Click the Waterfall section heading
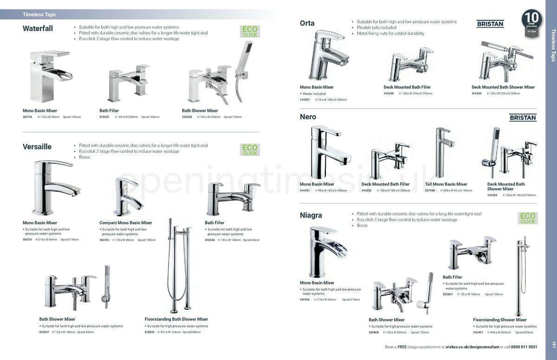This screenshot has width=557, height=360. pos(38,28)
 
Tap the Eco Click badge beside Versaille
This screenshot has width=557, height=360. pos(250,150)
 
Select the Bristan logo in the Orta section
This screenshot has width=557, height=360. pos(490,24)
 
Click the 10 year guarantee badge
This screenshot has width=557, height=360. pos(531,20)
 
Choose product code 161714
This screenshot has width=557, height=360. pos(27,117)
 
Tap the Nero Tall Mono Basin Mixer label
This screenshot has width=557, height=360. pos(446,184)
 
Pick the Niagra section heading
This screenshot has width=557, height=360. pos(311,216)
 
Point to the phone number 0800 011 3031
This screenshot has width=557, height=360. pos(524,347)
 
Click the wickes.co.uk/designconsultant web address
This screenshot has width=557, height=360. pos(473,347)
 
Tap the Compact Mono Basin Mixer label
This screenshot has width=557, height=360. pos(125,223)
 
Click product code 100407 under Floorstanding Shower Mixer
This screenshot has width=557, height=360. pos(478,333)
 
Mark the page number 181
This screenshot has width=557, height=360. pos(553,344)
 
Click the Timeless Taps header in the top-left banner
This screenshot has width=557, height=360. pos(39,15)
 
